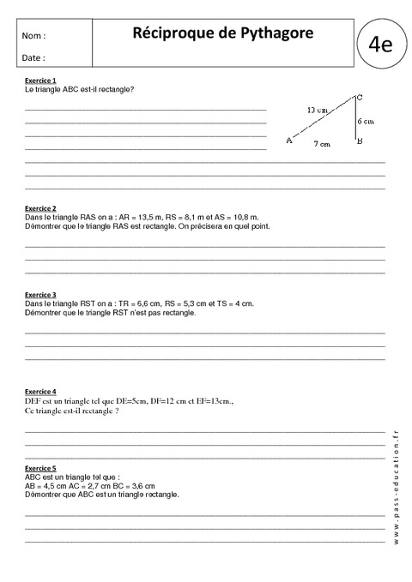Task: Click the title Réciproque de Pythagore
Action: [223, 33]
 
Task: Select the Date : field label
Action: [34, 57]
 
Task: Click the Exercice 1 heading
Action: [40, 81]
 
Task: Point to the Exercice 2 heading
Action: [40, 208]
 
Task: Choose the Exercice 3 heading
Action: [40, 294]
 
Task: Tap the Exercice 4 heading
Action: [40, 391]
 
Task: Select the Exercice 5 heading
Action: [40, 468]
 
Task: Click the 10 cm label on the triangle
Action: [316, 111]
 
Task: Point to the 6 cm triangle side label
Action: [366, 121]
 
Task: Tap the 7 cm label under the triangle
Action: [322, 144]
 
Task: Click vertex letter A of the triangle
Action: [288, 141]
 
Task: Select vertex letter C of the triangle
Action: [359, 96]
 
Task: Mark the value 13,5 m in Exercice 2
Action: [142, 218]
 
